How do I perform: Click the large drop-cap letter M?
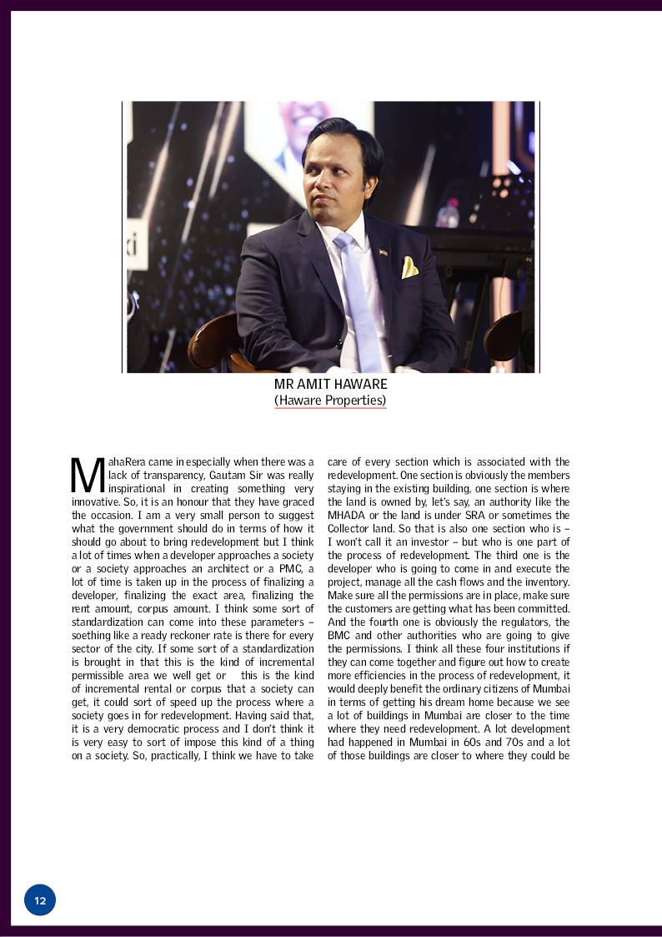[88, 475]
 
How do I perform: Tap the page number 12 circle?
[40, 900]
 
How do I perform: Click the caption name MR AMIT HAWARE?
[331, 385]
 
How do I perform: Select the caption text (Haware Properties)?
[331, 400]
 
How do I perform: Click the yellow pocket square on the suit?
[409, 267]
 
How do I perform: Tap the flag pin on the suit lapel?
[383, 251]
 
